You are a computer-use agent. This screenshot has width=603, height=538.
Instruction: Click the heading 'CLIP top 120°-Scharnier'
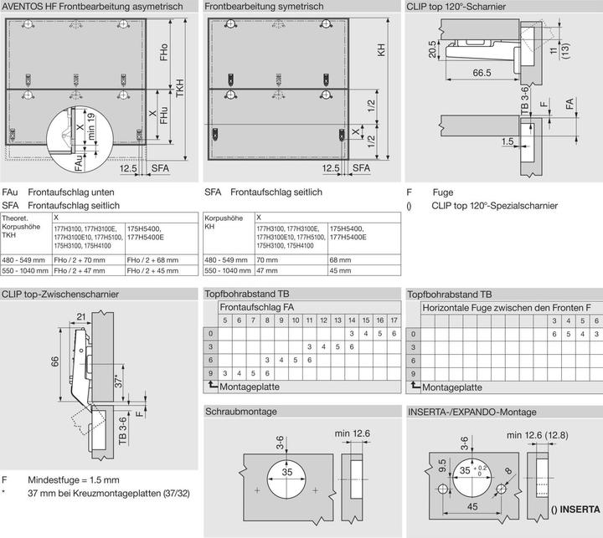click(461, 7)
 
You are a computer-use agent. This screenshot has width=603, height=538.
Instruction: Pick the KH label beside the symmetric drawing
click(381, 51)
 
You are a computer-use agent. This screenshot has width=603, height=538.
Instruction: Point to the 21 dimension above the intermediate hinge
click(81, 315)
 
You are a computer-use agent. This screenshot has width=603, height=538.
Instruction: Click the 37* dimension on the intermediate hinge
click(120, 382)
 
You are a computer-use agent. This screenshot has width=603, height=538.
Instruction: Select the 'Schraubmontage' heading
click(243, 412)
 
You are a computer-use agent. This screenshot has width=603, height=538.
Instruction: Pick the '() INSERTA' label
click(575, 509)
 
